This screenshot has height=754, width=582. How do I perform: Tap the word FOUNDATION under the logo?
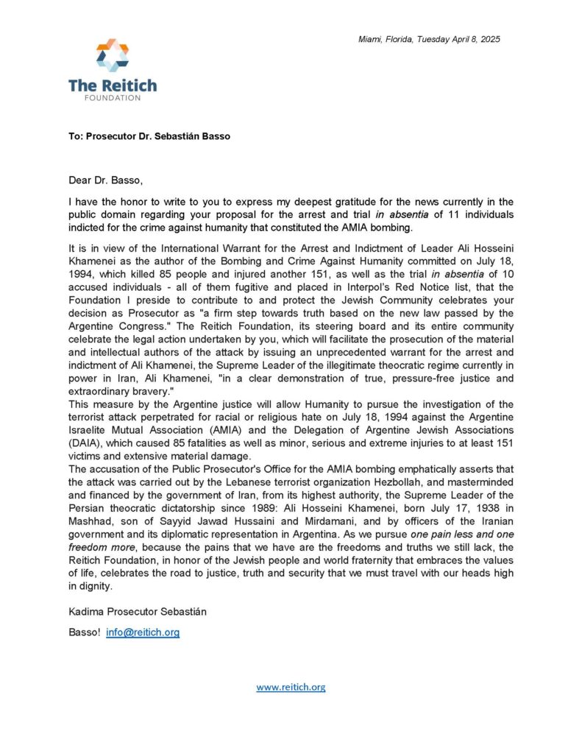coord(113,98)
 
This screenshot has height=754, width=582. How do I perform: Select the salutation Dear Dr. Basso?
coord(102,177)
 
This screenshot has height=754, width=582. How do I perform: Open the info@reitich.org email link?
coord(143,632)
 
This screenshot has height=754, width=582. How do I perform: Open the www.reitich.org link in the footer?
coord(291,687)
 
